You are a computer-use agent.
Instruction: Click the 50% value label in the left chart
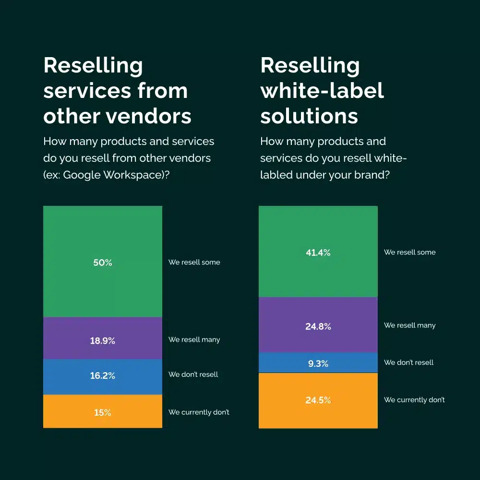102,263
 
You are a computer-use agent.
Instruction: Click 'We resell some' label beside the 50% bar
194,262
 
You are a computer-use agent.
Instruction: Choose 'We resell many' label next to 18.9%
194,339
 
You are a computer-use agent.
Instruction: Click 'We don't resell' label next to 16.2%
193,374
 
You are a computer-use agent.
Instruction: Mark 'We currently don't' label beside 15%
199,412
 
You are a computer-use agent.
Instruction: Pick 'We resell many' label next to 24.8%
409,325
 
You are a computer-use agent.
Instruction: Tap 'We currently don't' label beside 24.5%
414,400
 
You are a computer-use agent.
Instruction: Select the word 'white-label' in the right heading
322,91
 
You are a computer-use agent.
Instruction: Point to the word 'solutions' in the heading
309,116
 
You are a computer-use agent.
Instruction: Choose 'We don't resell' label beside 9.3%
408,362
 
